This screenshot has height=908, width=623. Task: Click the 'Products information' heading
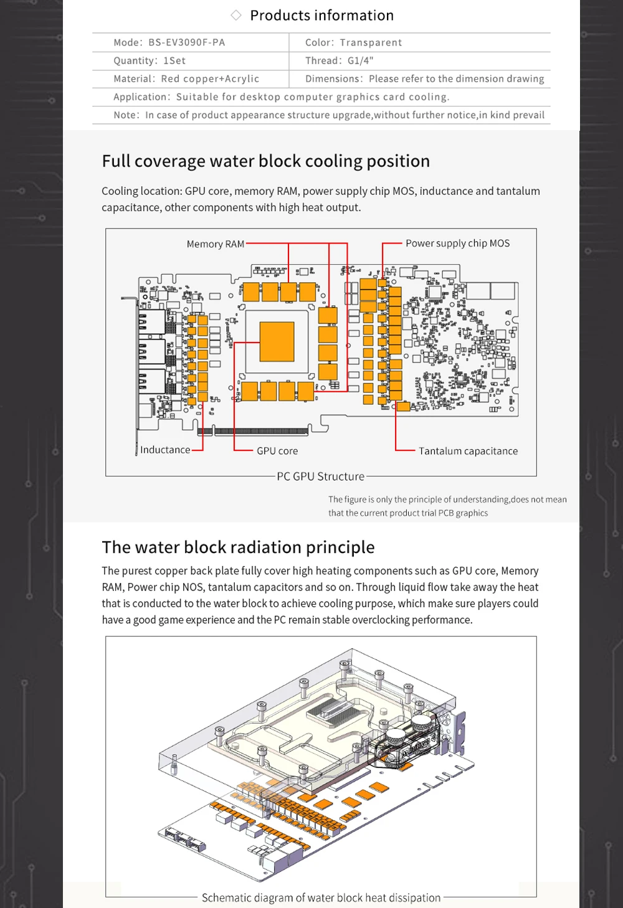pyautogui.click(x=321, y=16)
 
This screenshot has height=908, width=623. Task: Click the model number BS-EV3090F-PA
pyautogui.click(x=186, y=42)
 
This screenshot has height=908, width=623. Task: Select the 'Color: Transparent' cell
pyautogui.click(x=353, y=42)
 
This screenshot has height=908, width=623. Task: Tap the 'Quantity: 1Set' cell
pyautogui.click(x=150, y=60)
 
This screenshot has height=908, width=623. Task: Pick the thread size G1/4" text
pyautogui.click(x=360, y=60)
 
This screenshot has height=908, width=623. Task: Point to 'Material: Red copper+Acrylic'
pyautogui.click(x=186, y=78)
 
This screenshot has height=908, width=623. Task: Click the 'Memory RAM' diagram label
pyautogui.click(x=215, y=244)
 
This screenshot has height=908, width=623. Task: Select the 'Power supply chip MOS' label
pyautogui.click(x=457, y=244)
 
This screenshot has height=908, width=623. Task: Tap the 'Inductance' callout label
pyautogui.click(x=165, y=450)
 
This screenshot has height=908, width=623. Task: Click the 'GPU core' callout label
pyautogui.click(x=277, y=451)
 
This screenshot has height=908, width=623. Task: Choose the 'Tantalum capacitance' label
pyautogui.click(x=468, y=451)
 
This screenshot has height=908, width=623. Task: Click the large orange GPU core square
pyautogui.click(x=277, y=342)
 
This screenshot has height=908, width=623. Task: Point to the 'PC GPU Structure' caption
pyautogui.click(x=320, y=476)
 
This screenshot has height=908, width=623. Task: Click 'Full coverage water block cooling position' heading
pyautogui.click(x=266, y=161)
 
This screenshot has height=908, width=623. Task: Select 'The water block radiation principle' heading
pyautogui.click(x=238, y=547)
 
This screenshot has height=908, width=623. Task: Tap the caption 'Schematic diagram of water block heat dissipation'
pyautogui.click(x=321, y=897)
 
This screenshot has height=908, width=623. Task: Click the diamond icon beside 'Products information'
pyautogui.click(x=236, y=16)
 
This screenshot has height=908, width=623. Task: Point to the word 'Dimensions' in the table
pyautogui.click(x=333, y=78)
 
